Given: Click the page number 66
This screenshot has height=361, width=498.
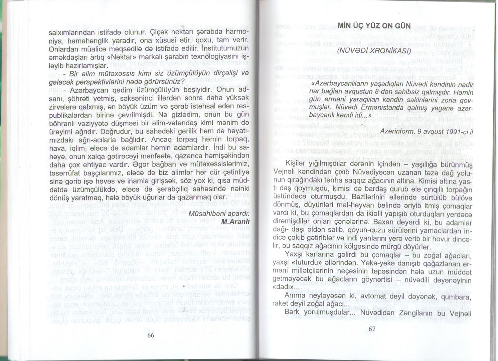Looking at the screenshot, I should [x=150, y=336].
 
